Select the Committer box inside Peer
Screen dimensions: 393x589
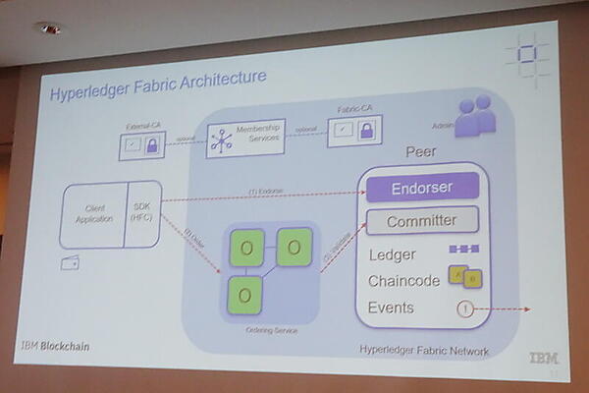point(421,221)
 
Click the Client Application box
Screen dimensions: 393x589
point(95,214)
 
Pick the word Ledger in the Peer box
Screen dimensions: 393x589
point(392,254)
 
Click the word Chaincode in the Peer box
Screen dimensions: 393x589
point(403,281)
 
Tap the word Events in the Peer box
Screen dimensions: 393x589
point(391,308)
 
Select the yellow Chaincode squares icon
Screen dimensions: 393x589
point(464,278)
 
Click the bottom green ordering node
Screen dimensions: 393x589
point(245,293)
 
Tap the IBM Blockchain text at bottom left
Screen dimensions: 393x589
point(53,346)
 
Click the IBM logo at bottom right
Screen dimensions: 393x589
point(543,359)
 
